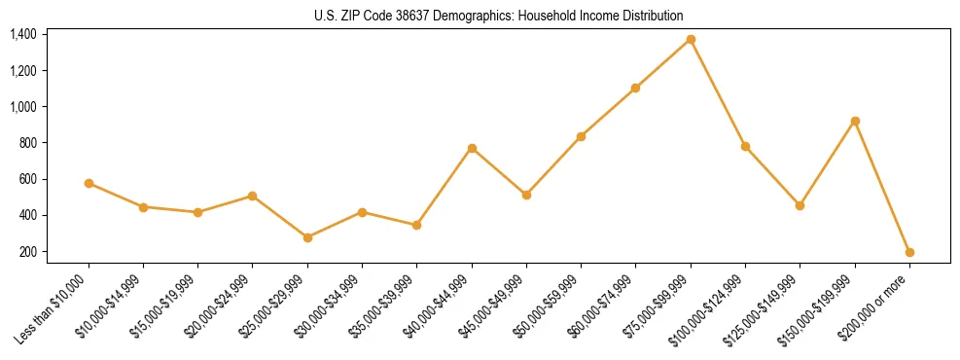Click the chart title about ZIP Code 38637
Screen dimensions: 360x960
(480, 16)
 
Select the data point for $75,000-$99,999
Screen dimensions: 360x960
(691, 39)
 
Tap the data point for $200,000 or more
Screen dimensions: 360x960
(909, 252)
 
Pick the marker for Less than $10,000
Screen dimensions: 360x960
(89, 183)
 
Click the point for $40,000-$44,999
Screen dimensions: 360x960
(472, 148)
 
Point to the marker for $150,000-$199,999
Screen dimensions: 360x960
(855, 121)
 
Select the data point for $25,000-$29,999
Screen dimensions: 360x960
(307, 237)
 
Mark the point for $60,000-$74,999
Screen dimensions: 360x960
(635, 88)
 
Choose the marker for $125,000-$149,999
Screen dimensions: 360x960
(800, 205)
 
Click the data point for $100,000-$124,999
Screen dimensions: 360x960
(745, 146)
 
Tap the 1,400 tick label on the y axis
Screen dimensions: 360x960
(23, 34)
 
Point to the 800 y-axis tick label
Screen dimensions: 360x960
(27, 143)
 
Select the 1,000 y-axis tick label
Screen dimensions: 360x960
(23, 107)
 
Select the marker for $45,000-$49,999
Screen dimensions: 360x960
(526, 195)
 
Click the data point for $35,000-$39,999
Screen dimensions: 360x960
(416, 225)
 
